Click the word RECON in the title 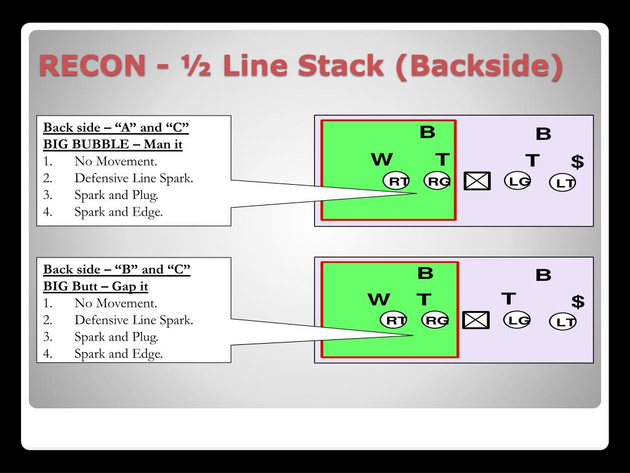tap(92, 65)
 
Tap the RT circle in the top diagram tap(397, 181)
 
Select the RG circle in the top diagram tap(437, 181)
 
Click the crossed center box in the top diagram tap(477, 181)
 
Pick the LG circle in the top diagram tap(517, 181)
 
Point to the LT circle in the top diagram tap(563, 182)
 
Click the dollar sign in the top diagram tap(577, 162)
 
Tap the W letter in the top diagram tap(381, 160)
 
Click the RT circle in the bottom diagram tap(394, 320)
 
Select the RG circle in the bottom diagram tap(435, 320)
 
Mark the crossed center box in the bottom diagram tap(476, 320)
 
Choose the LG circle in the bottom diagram tap(517, 320)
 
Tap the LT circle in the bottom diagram tap(563, 321)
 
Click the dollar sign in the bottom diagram tap(578, 301)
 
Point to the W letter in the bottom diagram tap(379, 299)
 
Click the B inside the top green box tap(428, 132)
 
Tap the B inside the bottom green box tap(426, 273)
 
